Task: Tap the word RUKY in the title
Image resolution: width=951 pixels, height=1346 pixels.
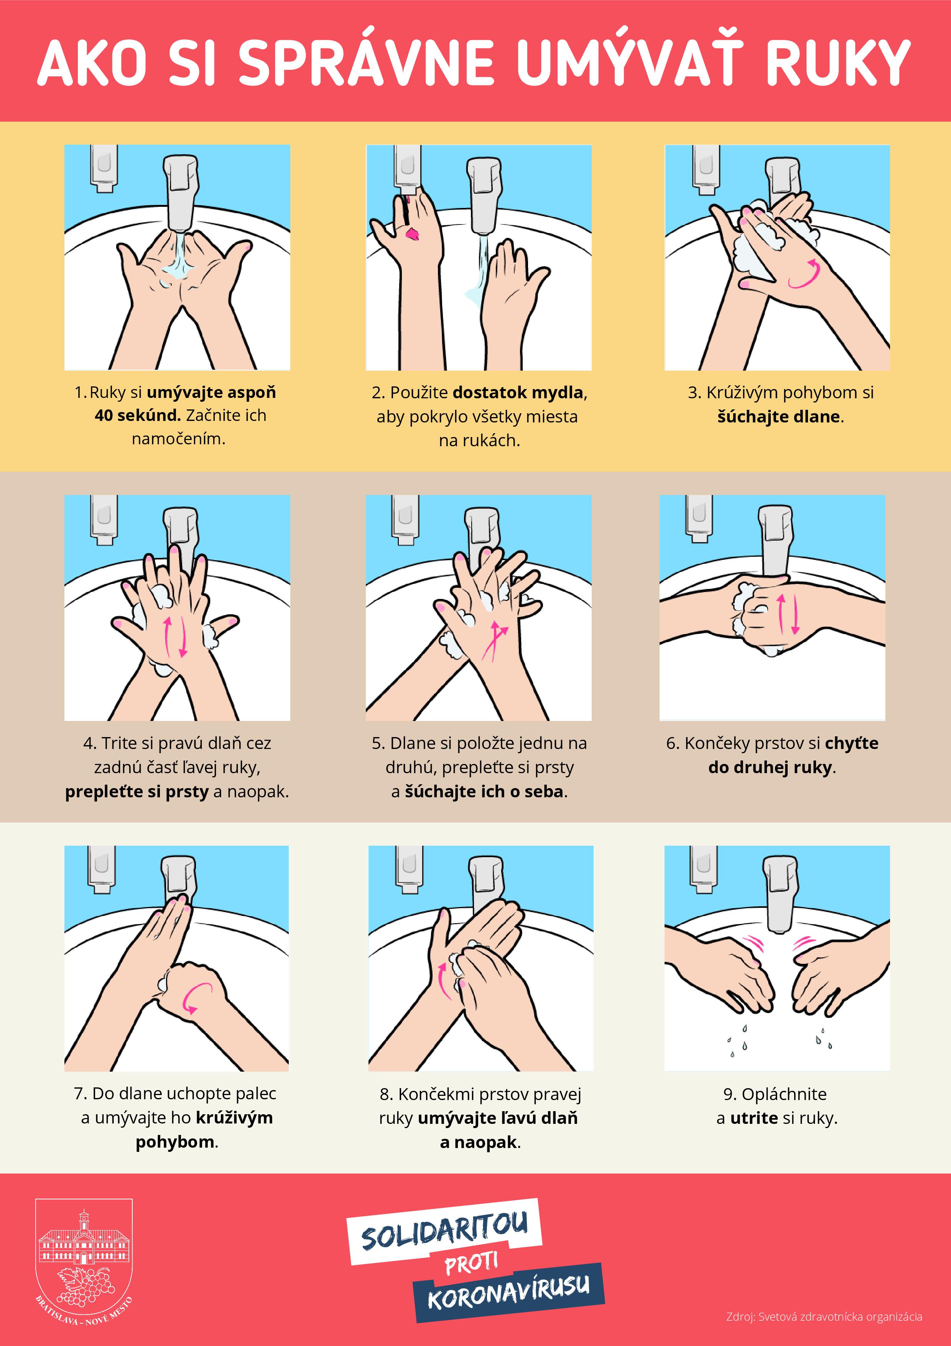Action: (838, 63)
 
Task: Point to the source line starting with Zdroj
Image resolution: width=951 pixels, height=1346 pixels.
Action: (824, 1317)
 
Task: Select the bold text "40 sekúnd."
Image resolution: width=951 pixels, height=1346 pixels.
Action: (138, 415)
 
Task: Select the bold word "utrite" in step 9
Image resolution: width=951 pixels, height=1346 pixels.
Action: (754, 1118)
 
